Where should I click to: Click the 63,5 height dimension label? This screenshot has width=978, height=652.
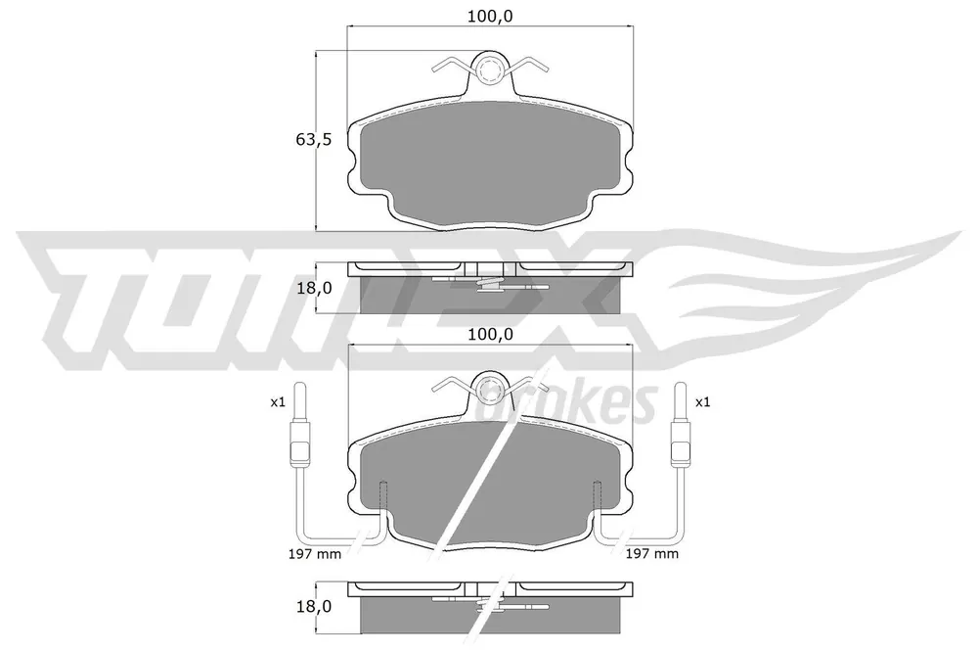(x=313, y=139)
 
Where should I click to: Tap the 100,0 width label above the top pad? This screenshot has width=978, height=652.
(x=490, y=17)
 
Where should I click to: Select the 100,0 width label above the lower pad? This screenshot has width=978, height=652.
(x=490, y=334)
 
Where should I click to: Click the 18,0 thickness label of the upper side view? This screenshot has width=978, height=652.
(x=314, y=288)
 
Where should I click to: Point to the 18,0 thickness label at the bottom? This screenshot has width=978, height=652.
(x=314, y=606)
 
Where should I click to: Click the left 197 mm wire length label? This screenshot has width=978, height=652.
(x=314, y=553)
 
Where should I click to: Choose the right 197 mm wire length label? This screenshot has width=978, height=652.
(x=651, y=553)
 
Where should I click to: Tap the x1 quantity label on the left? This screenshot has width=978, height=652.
(x=278, y=402)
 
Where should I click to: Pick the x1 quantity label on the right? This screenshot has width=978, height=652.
(x=702, y=402)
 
